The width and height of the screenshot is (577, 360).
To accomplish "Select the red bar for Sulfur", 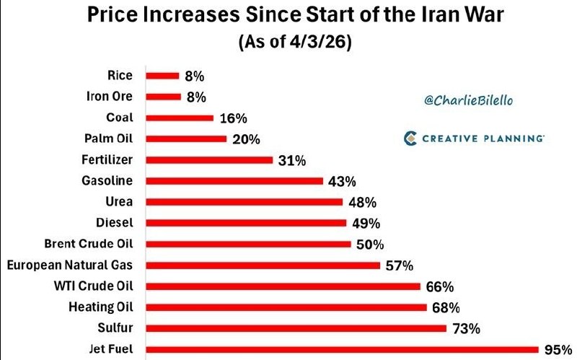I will (x=296, y=328).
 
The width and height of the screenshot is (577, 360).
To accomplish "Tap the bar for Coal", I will (x=180, y=118).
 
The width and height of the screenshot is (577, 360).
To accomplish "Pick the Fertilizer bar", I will (x=209, y=159).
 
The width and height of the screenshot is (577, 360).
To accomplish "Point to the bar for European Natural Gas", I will (x=263, y=265).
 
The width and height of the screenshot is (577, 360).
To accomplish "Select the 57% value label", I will (x=399, y=265).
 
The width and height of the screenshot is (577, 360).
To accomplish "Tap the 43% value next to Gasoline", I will (x=341, y=181).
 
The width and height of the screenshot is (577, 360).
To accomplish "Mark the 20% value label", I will (x=246, y=139).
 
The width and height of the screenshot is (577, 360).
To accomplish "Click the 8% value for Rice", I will (x=195, y=75).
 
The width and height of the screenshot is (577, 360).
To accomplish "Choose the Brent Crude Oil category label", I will (x=92, y=243).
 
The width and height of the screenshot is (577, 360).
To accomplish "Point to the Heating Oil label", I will (x=102, y=307).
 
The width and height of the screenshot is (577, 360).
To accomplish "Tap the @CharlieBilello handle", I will (x=469, y=100).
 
